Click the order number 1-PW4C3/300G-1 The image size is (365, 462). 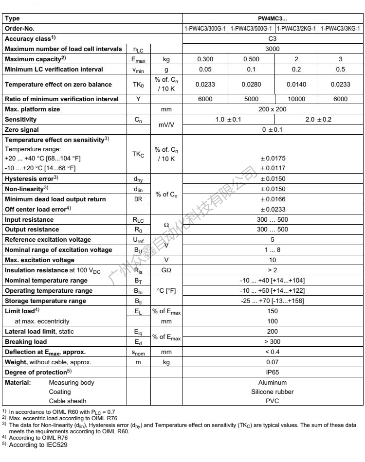pos(205,29)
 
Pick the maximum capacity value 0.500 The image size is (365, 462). pos(252,59)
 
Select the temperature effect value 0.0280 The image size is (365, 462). pos(252,84)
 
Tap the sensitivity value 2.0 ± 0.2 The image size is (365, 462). pos(319,119)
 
